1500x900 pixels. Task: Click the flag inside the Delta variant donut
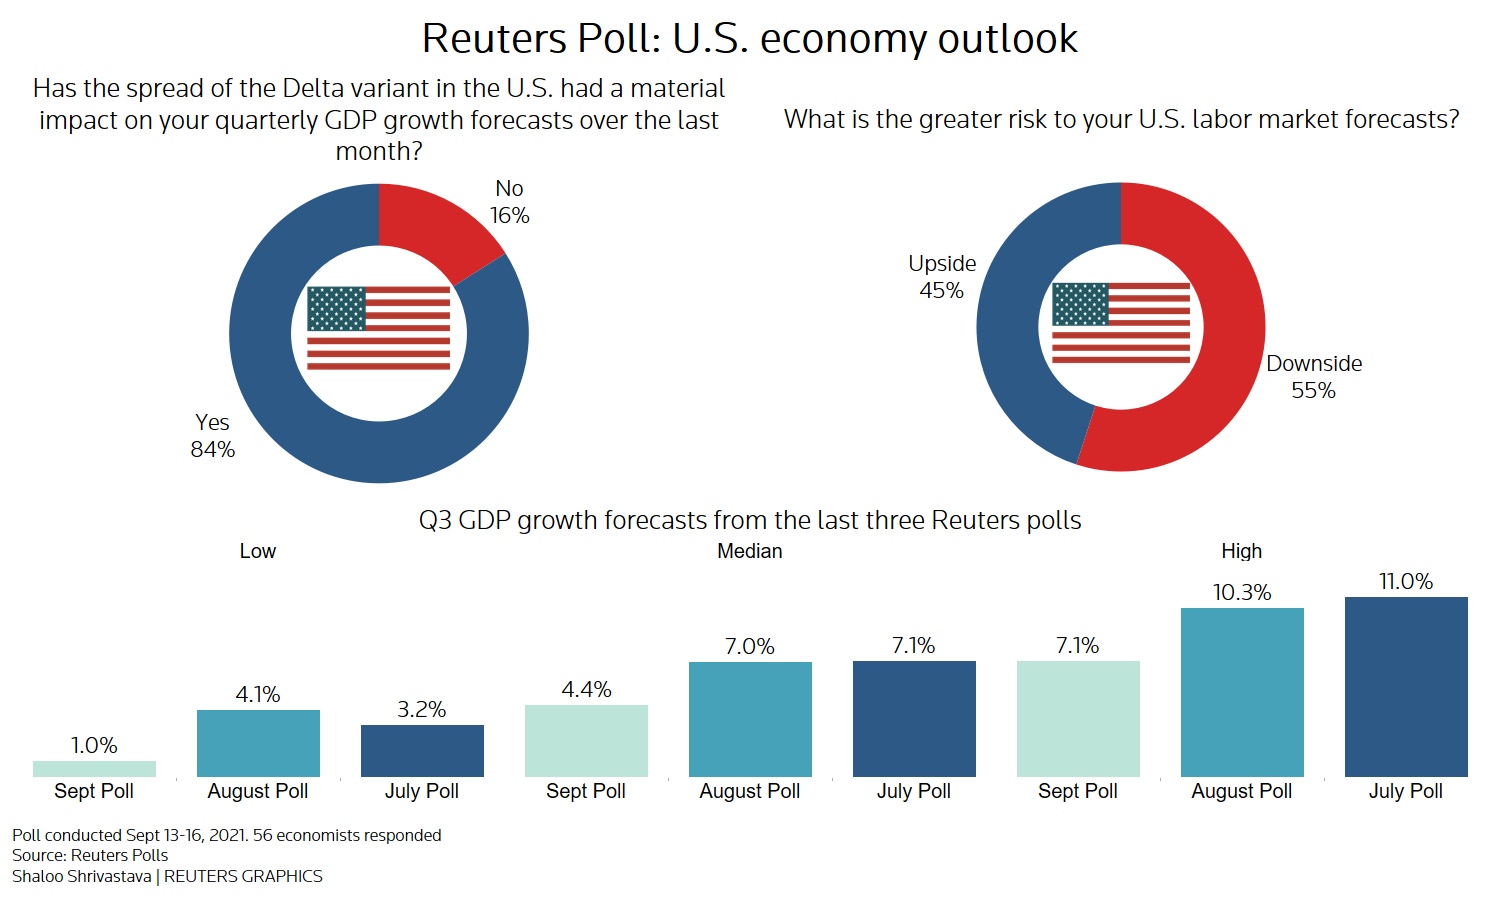coord(378,329)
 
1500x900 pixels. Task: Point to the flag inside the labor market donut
coord(1121,324)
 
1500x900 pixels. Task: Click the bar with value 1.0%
coord(94,769)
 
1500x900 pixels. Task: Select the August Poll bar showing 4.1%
coord(258,743)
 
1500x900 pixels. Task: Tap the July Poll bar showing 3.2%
coord(422,751)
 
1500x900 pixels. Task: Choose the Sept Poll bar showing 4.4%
coord(586,741)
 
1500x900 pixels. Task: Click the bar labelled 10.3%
coord(1242,692)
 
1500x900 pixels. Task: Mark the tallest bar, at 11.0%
coord(1406,687)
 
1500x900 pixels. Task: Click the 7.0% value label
coord(750,647)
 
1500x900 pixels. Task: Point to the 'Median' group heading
coord(750,551)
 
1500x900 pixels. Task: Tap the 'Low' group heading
coord(258,551)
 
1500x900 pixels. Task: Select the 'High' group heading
coord(1242,551)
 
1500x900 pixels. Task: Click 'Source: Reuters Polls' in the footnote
coord(90,855)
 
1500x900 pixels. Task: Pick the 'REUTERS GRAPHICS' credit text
coord(243,876)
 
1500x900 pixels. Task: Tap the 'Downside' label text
coord(1314,364)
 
